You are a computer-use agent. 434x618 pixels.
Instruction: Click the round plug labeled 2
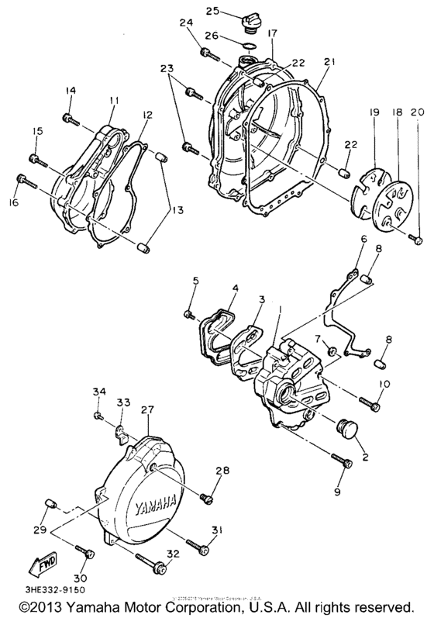346,428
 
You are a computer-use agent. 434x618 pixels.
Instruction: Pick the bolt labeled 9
344,462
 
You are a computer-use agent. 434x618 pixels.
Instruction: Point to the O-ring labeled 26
246,45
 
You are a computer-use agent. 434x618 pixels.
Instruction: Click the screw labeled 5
188,313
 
